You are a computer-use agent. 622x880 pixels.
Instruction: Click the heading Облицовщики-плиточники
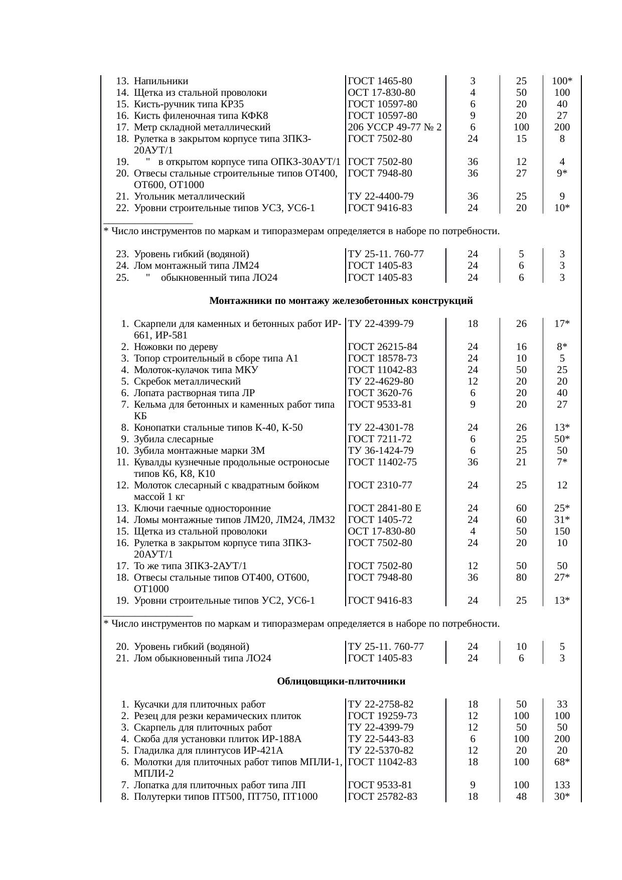click(x=341, y=681)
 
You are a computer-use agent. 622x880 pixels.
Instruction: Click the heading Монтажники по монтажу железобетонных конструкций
click(x=341, y=301)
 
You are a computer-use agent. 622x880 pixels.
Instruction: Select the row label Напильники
click(x=161, y=81)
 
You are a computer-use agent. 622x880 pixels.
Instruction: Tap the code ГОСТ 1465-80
click(x=380, y=81)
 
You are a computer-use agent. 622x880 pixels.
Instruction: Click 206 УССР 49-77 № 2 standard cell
click(x=394, y=127)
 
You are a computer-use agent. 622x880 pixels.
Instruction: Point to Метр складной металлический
click(x=202, y=127)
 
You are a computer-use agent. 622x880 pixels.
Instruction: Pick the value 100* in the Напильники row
click(x=562, y=81)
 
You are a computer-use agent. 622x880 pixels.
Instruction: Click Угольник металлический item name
click(x=189, y=197)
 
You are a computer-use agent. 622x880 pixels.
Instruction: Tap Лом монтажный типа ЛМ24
click(x=196, y=266)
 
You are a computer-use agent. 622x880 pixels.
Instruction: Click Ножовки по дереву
click(x=176, y=347)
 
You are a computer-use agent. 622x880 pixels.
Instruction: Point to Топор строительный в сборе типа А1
click(x=216, y=359)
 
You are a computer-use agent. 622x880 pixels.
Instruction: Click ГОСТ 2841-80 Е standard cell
click(x=384, y=508)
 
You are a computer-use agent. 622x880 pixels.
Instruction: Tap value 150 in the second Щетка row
click(x=562, y=532)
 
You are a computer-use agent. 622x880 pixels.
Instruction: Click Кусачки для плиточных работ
click(x=200, y=705)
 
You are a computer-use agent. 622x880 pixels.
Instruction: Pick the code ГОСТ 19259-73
click(x=382, y=716)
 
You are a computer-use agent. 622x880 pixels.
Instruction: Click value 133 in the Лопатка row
click(x=562, y=785)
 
